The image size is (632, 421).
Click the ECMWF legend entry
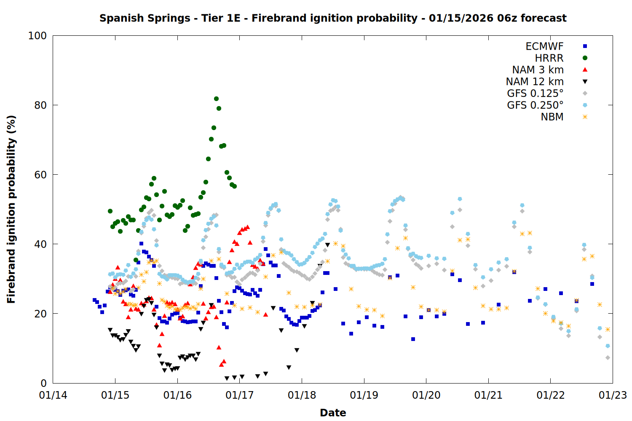tap(544, 46)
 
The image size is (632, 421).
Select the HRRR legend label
tap(549, 58)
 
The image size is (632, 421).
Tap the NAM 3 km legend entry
tap(538, 70)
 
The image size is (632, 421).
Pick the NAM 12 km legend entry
tap(535, 82)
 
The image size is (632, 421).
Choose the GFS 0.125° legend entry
tap(535, 93)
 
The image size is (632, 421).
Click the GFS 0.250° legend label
tap(535, 105)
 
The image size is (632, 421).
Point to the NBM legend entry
tap(552, 117)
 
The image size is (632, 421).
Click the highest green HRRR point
tap(216, 99)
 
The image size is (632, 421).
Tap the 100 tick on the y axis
tap(37, 36)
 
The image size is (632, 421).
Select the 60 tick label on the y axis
tap(40, 175)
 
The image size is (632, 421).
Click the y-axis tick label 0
tap(43, 383)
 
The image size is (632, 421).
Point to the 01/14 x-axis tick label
tap(53, 395)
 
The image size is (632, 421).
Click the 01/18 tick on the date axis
tap(302, 395)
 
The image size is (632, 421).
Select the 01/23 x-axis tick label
tap(613, 395)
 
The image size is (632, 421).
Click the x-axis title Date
tap(333, 413)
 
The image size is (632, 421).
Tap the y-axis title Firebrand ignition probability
tap(11, 209)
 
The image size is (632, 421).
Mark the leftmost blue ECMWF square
tap(94, 300)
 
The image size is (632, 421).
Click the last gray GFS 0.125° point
tap(608, 357)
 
